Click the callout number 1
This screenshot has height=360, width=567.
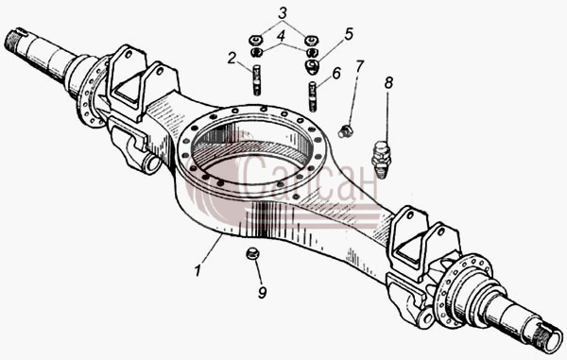pyautogui.click(x=198, y=270)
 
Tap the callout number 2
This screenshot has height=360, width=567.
pyautogui.click(x=232, y=58)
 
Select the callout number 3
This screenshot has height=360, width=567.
pyautogui.click(x=283, y=13)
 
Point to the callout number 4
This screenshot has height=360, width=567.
pyautogui.click(x=281, y=36)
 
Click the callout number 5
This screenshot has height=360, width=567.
pyautogui.click(x=348, y=34)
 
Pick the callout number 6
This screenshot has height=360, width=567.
pyautogui.click(x=336, y=74)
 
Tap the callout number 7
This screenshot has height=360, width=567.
pyautogui.click(x=359, y=66)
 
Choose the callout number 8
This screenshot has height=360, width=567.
pyautogui.click(x=388, y=83)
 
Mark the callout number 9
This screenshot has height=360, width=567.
pyautogui.click(x=262, y=292)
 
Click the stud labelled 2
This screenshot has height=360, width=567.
pyautogui.click(x=256, y=80)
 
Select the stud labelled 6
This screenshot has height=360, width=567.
pyautogui.click(x=313, y=96)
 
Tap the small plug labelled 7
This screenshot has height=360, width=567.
pyautogui.click(x=345, y=131)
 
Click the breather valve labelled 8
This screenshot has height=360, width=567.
pyautogui.click(x=381, y=160)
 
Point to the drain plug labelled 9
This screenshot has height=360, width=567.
pyautogui.click(x=252, y=253)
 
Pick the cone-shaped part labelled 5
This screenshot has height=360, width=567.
pyautogui.click(x=312, y=67)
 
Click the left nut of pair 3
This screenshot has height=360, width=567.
pyautogui.click(x=256, y=39)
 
